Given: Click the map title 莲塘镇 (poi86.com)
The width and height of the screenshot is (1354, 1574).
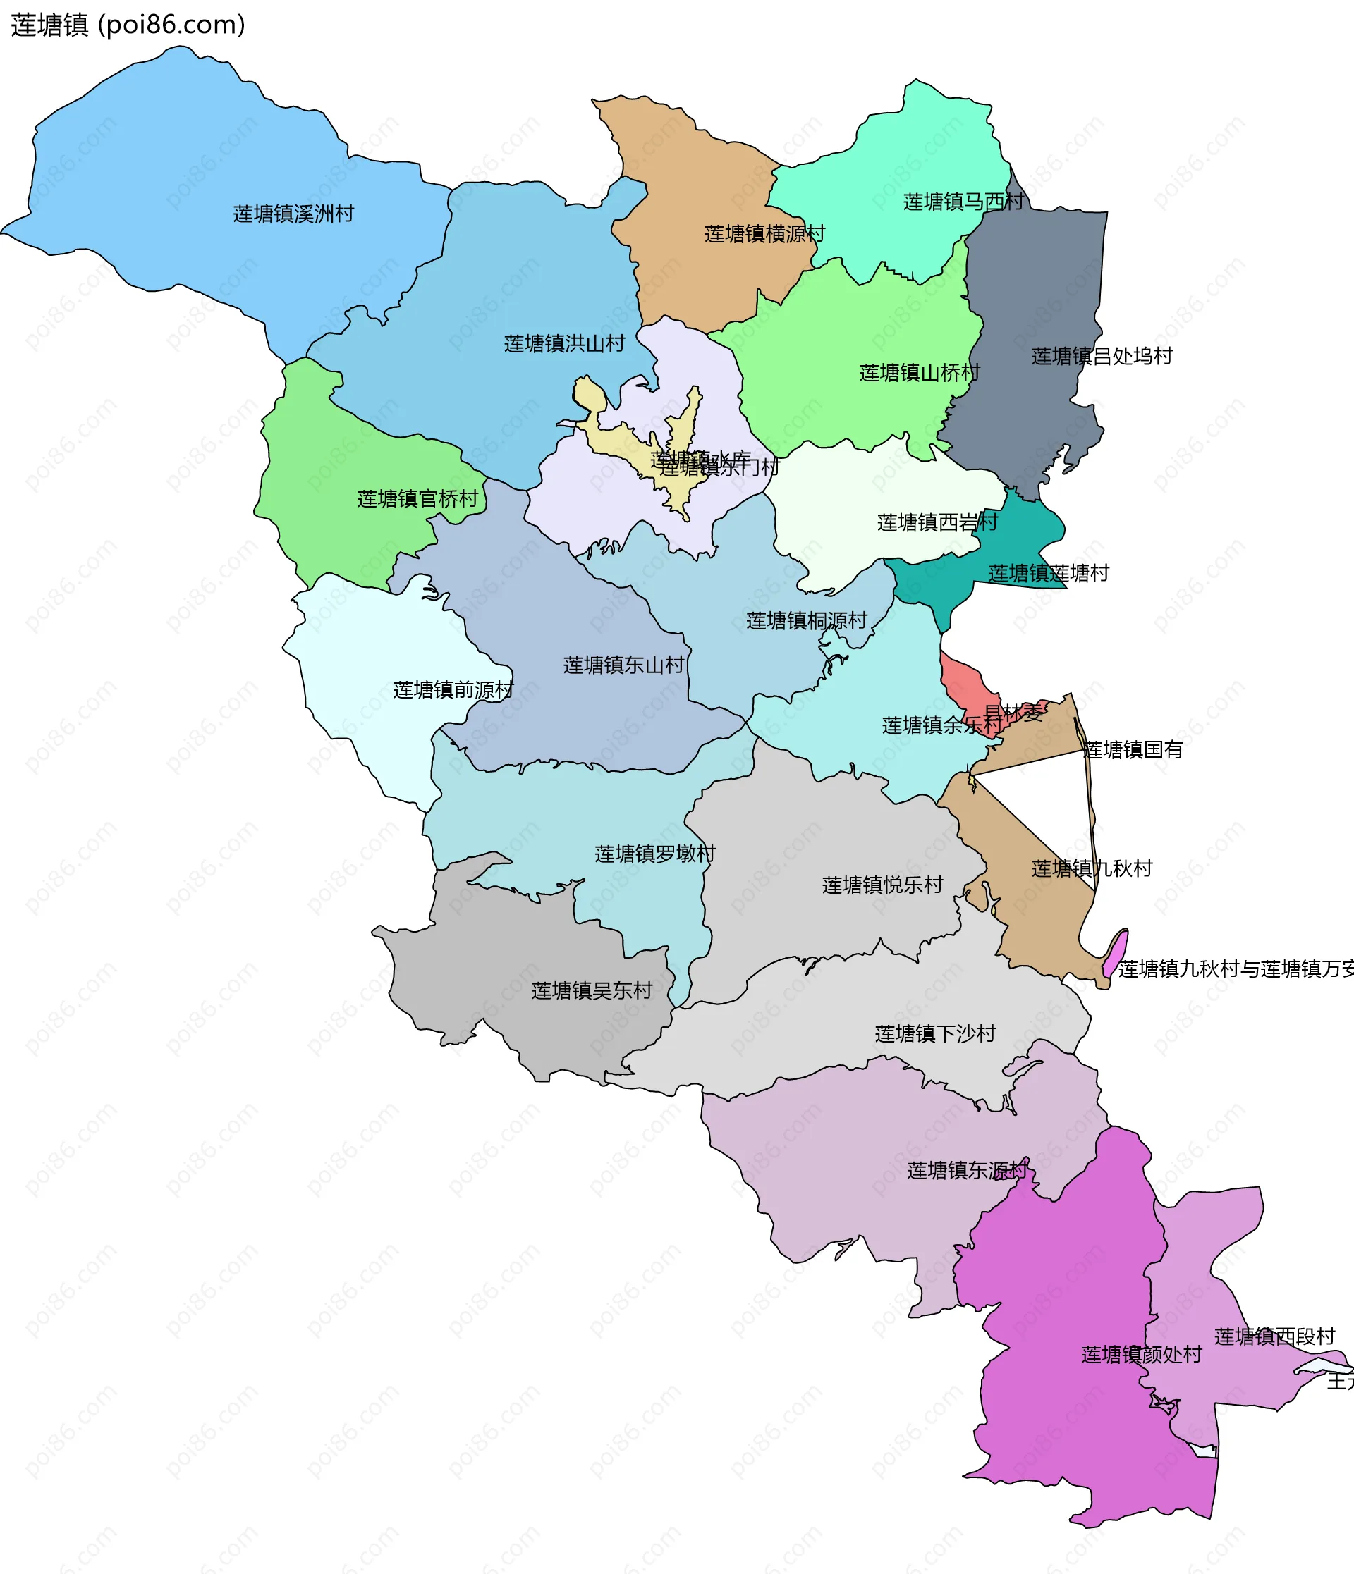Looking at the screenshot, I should pyautogui.click(x=128, y=25).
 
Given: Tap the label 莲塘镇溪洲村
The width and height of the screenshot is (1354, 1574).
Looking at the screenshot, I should pyautogui.click(x=293, y=214).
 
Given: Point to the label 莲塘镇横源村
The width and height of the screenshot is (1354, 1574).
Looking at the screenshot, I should pyautogui.click(x=764, y=234).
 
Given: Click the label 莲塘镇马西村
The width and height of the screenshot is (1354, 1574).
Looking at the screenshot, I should pyautogui.click(x=963, y=202).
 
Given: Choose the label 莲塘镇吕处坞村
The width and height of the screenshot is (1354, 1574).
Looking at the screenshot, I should pyautogui.click(x=1102, y=356).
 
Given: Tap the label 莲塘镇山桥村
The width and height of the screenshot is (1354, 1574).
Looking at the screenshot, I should pyautogui.click(x=920, y=373).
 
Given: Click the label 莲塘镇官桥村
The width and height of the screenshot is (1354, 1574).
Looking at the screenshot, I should pyautogui.click(x=417, y=499).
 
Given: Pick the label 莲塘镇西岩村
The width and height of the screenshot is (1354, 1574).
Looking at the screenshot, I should pyautogui.click(x=937, y=522).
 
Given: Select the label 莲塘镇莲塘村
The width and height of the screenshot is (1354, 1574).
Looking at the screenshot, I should pyautogui.click(x=1048, y=574).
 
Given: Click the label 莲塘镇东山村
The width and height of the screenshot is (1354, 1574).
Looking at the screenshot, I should pyautogui.click(x=623, y=665).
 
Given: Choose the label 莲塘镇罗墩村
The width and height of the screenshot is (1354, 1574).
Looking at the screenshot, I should pyautogui.click(x=654, y=854).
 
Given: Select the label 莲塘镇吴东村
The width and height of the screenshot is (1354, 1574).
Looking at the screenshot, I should pyautogui.click(x=591, y=990).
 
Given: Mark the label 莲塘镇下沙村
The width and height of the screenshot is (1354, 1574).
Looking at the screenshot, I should pyautogui.click(x=934, y=1034).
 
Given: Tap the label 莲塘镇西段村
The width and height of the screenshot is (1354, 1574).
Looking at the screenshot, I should pyautogui.click(x=1274, y=1337).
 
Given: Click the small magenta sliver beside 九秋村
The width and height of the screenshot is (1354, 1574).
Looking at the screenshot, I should pyautogui.click(x=1115, y=954).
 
